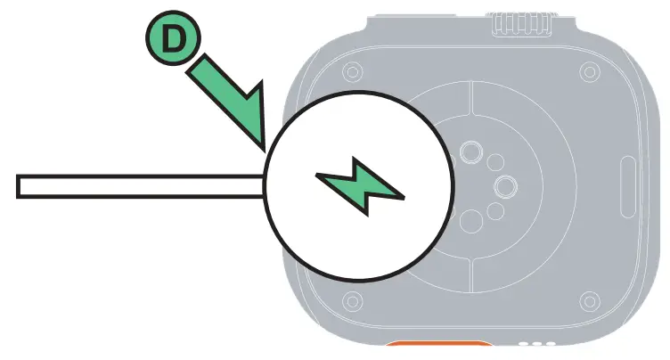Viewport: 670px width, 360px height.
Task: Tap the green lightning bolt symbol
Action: [x=360, y=186]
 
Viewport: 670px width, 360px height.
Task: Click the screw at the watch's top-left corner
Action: [x=352, y=70]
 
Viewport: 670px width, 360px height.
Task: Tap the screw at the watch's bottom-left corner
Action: [x=352, y=298]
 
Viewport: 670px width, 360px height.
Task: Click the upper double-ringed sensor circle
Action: [x=470, y=149]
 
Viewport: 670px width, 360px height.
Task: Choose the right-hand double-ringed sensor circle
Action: [x=507, y=185]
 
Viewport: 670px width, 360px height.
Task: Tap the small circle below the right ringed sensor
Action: [x=495, y=209]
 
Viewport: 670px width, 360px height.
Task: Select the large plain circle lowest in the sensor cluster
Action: [x=470, y=220]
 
